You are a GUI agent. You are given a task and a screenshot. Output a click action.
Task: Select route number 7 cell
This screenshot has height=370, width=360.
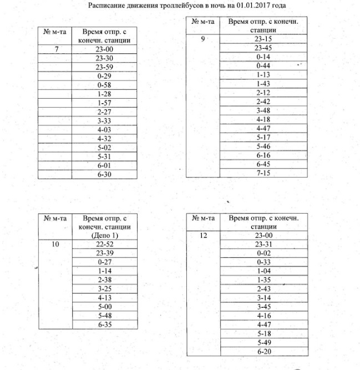tap(55, 49)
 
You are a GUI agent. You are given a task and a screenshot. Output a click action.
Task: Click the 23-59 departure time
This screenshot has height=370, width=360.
tap(105, 67)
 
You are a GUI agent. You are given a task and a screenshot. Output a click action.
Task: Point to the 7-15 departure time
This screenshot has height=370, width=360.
tap(263, 173)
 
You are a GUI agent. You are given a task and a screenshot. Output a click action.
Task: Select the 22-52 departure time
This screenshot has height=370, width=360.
tap(105, 244)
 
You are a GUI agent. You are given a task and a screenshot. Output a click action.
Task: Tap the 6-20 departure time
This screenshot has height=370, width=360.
tap(263, 352)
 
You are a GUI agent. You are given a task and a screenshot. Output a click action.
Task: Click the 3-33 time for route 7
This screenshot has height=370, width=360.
tap(105, 120)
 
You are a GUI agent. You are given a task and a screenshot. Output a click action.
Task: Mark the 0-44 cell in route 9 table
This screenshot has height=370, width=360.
tap(263, 66)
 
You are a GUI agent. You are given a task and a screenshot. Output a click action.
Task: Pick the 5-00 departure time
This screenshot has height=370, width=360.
tap(105, 306)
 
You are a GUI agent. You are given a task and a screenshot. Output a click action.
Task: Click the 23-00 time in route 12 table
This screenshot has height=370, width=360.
tap(263, 235)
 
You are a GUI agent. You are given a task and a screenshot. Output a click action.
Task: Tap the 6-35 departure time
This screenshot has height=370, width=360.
tap(105, 324)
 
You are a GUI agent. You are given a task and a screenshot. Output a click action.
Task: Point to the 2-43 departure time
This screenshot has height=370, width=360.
tap(263, 289)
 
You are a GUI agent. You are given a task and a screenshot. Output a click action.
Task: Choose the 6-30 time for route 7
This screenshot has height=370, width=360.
tap(105, 174)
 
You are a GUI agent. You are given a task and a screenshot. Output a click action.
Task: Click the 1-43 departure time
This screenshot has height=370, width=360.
tap(263, 84)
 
